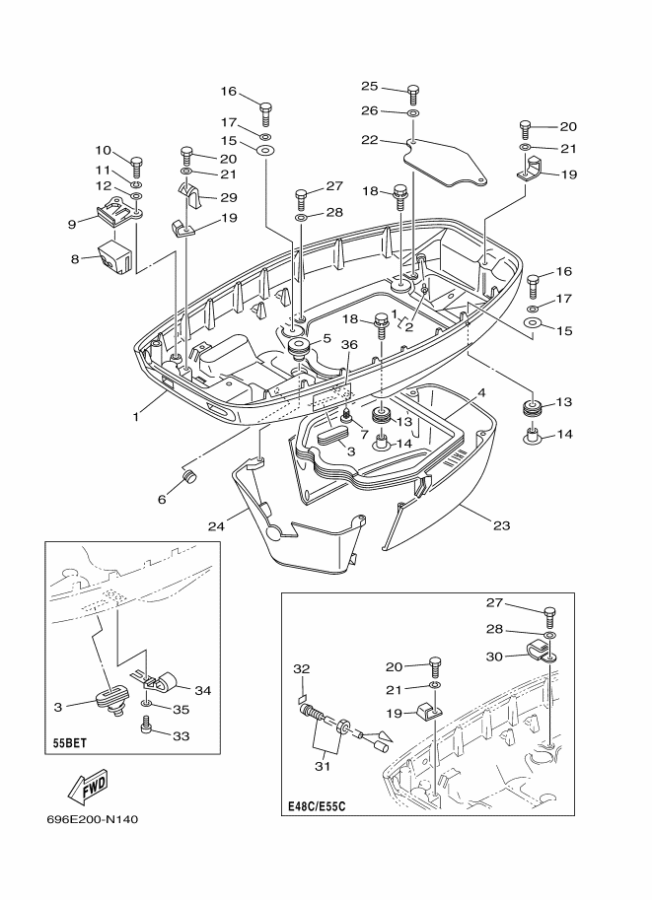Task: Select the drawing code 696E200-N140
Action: pos(93,819)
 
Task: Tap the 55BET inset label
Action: pos(67,743)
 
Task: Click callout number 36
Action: pos(349,344)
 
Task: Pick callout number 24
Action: pos(216,525)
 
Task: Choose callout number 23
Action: pos(501,525)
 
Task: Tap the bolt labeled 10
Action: pos(136,166)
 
